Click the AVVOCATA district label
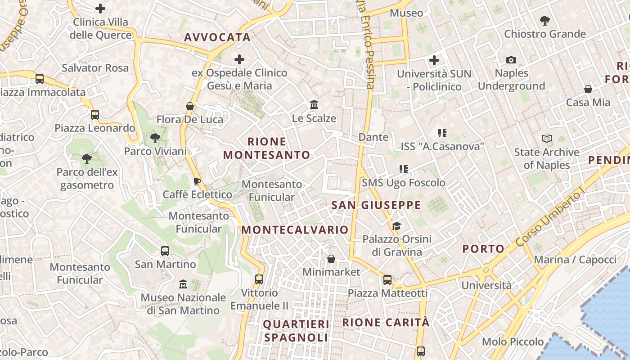pyautogui.click(x=217, y=37)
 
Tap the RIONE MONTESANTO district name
pyautogui.click(x=267, y=148)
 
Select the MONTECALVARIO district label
pyautogui.click(x=295, y=230)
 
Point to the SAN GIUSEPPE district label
pyautogui.click(x=376, y=206)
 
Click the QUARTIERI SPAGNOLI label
pyautogui.click(x=296, y=331)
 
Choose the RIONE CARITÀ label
pyautogui.click(x=386, y=323)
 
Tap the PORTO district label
pyautogui.click(x=484, y=249)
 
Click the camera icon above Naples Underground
pyautogui.click(x=511, y=60)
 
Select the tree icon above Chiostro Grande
pyautogui.click(x=544, y=21)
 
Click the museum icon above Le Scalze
pyautogui.click(x=314, y=105)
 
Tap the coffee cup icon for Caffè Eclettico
pyautogui.click(x=197, y=181)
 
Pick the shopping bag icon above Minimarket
pyautogui.click(x=331, y=259)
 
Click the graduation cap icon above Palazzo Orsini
pyautogui.click(x=396, y=226)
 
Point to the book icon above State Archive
pyautogui.click(x=547, y=139)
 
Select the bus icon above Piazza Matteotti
pyautogui.click(x=387, y=280)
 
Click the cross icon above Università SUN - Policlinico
pyautogui.click(x=434, y=60)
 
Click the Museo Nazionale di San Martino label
pyautogui.click(x=183, y=304)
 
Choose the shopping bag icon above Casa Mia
pyautogui.click(x=588, y=89)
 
